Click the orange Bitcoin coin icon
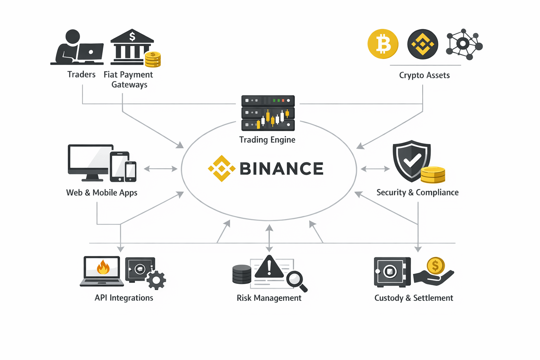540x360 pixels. [383, 44]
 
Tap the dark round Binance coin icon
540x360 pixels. [423, 44]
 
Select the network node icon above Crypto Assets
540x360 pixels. [464, 44]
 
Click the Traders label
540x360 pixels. [81, 75]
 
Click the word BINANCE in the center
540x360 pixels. [281, 169]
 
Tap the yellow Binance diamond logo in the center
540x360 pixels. [221, 168]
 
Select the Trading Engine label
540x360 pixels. [267, 140]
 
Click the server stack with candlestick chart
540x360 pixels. [268, 113]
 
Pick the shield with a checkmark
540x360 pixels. [411, 161]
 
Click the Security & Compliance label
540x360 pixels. [417, 192]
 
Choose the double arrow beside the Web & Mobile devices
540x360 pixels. [160, 169]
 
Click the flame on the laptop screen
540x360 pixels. [103, 268]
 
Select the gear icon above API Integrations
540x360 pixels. [156, 280]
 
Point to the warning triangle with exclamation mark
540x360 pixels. [269, 267]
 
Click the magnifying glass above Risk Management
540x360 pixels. [296, 280]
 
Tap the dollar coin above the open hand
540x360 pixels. [436, 266]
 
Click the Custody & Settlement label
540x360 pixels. [413, 298]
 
